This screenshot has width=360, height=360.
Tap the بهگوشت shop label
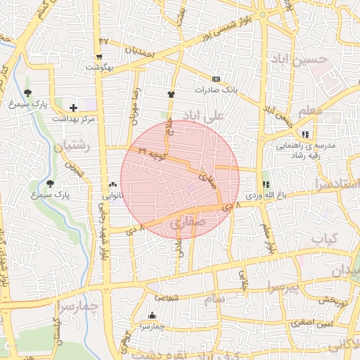pyautogui.click(x=99, y=67)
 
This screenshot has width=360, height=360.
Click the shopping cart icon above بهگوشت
pyautogui.click(x=100, y=58)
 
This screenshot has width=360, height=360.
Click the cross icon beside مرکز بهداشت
pyautogui.click(x=74, y=108)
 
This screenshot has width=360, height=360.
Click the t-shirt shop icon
pyautogui.click(x=170, y=94)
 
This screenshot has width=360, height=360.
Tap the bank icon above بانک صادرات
pyautogui.click(x=216, y=79)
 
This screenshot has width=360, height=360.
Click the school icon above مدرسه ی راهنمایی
pyautogui.click(x=305, y=134)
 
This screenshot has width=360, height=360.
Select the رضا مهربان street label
pyautogui.click(x=134, y=103)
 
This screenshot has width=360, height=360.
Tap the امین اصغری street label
pyautogui.click(x=314, y=323)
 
